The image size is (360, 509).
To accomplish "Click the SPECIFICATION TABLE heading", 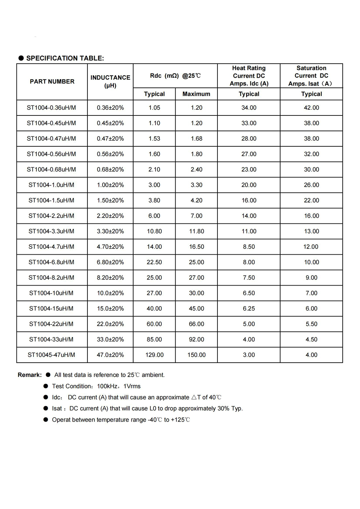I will tap(65, 58).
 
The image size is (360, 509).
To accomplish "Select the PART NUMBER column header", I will tap(52, 82).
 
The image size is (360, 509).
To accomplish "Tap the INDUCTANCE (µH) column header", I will tap(110, 82).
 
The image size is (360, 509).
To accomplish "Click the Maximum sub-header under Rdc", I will tap(196, 94).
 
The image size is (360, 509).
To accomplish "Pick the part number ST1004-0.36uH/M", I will tap(51, 108).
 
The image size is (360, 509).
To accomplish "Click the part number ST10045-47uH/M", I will tap(51, 355).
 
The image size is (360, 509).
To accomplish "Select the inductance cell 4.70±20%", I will tap(110, 247).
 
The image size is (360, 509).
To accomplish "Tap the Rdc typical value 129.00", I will tap(154, 355).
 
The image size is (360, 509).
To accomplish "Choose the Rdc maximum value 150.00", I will tap(197, 355).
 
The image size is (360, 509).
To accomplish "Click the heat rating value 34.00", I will tap(249, 108).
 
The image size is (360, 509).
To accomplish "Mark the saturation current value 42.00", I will tap(311, 108).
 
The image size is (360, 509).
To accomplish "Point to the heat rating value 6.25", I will tap(249, 309).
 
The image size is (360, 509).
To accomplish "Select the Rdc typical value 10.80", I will tap(154, 231).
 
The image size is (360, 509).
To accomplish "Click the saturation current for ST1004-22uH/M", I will tap(311, 324).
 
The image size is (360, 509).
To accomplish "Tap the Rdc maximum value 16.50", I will tap(197, 247).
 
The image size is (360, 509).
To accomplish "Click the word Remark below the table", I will tap(30, 375).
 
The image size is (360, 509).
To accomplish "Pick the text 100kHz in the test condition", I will tap(107, 386).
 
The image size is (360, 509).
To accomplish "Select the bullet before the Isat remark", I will tap(46, 408).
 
